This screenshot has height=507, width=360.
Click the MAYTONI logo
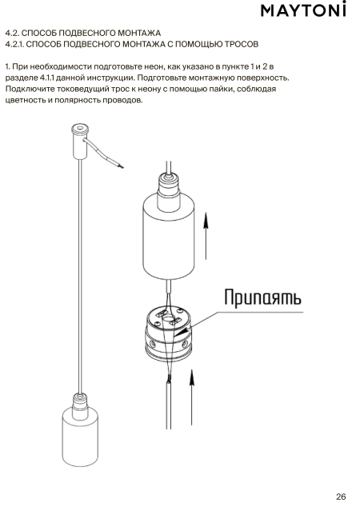coord(303,10)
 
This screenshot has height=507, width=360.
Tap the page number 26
coord(341,497)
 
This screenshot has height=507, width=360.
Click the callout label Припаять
coord(262,297)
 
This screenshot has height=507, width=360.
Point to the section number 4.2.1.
coord(14,44)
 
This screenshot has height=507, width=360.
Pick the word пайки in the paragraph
coord(223,89)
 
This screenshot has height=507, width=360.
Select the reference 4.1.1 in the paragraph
coord(47,78)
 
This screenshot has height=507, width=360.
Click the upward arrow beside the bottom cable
coord(192,397)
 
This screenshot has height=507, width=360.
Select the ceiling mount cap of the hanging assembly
coord(80,142)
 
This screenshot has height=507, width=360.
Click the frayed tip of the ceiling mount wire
coord(122,166)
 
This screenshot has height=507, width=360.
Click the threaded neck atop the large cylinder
coord(168,184)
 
